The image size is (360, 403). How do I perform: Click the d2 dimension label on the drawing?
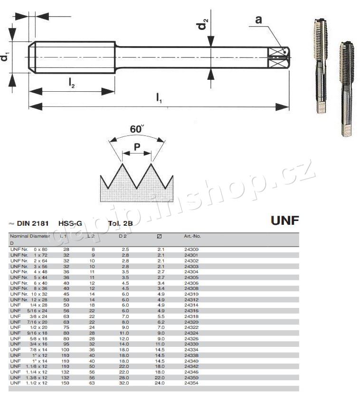tap(203, 24)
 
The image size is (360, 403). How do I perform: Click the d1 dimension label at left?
tap(5, 57)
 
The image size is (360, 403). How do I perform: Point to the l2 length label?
tap(71, 84)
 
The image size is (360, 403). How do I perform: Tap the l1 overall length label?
tap(160, 98)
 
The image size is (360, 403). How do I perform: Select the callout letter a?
tap(258, 19)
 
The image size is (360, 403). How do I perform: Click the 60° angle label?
tap(137, 129)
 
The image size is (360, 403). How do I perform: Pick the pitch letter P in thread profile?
tap(137, 147)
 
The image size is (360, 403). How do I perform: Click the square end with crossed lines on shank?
tap(278, 58)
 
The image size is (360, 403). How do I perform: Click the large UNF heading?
tap(284, 221)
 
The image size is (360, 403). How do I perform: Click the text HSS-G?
tap(69, 223)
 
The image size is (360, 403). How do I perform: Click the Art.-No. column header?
tap(192, 236)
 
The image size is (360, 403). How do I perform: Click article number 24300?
tap(191, 249)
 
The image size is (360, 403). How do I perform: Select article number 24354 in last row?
tap(191, 383)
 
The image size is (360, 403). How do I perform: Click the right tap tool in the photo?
tap(347, 88)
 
